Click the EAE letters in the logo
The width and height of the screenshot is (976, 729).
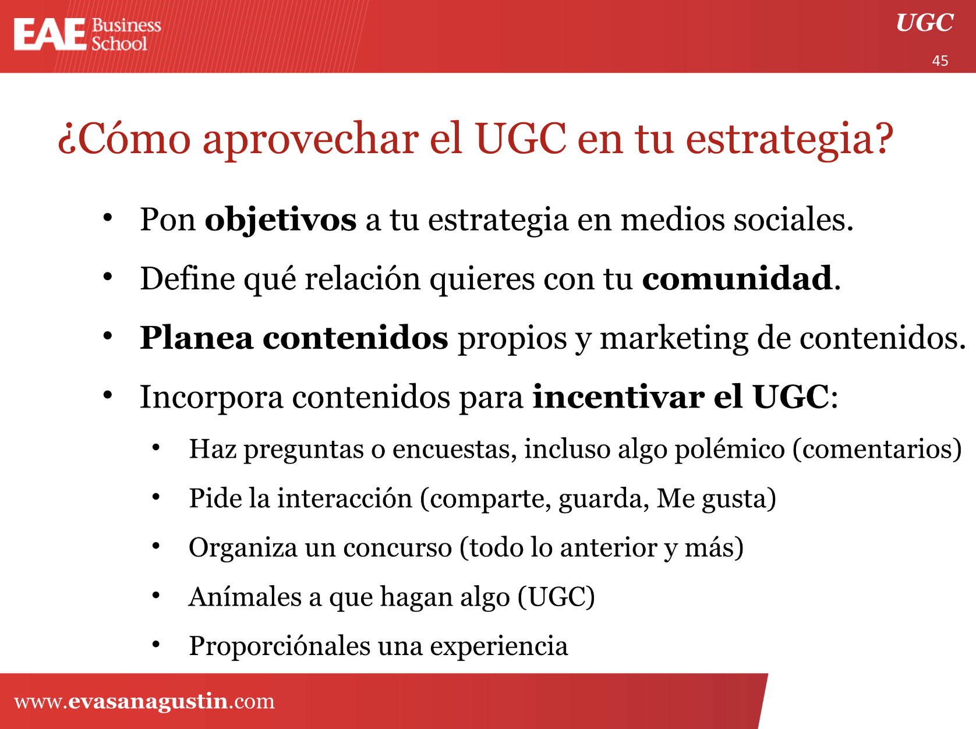pyautogui.click(x=50, y=34)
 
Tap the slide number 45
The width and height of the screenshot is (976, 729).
pyautogui.click(x=940, y=61)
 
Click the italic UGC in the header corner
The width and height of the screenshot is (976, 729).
pyautogui.click(x=924, y=23)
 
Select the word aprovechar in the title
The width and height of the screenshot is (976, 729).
pyautogui.click(x=310, y=139)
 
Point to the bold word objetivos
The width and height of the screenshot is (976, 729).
pyautogui.click(x=280, y=220)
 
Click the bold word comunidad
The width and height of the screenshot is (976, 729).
pyautogui.click(x=737, y=278)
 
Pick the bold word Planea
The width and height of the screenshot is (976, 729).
pyautogui.click(x=197, y=338)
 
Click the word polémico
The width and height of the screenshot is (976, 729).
pyautogui.click(x=730, y=450)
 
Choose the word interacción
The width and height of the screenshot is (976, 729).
pyautogui.click(x=345, y=498)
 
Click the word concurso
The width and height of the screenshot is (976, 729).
pyautogui.click(x=398, y=548)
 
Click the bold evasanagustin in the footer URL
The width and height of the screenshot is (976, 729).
pyautogui.click(x=148, y=701)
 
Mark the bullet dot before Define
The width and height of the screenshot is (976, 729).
pyautogui.click(x=107, y=277)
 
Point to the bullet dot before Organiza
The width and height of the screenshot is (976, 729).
pyautogui.click(x=155, y=546)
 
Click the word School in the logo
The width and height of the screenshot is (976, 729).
pyautogui.click(x=119, y=44)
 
